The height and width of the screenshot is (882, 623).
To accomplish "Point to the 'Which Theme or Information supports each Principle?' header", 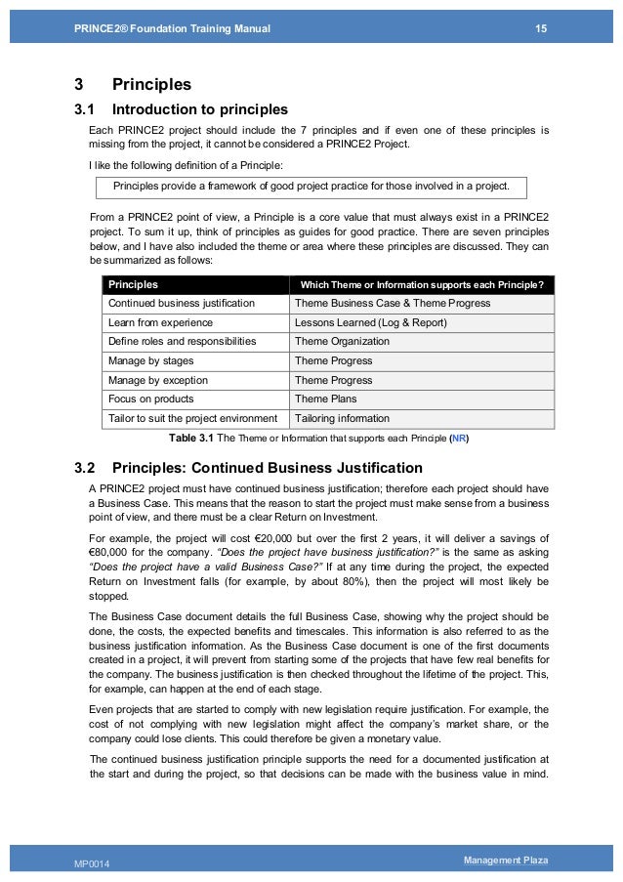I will click(x=423, y=285).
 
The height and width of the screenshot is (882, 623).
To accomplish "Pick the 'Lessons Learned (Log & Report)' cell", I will click(x=370, y=323).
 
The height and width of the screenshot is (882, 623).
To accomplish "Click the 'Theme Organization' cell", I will click(x=342, y=342).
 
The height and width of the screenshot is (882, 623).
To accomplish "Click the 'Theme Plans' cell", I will click(x=325, y=399).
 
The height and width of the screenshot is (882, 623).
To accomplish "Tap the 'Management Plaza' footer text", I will click(x=507, y=860).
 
